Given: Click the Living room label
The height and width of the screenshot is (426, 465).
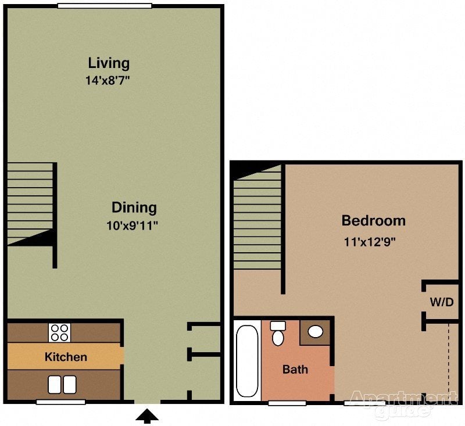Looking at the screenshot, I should [109, 62].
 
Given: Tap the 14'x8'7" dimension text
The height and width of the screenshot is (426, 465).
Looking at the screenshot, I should [107, 81].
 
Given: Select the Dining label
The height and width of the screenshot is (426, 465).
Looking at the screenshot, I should [134, 207].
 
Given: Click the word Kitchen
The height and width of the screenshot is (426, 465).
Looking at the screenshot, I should [66, 357].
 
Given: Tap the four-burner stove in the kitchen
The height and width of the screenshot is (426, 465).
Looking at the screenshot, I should [59, 332].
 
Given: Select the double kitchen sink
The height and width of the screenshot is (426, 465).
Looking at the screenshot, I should [62, 384].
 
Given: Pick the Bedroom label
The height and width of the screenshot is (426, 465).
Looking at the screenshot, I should [373, 221].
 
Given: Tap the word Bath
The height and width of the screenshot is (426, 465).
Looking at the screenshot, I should [295, 369].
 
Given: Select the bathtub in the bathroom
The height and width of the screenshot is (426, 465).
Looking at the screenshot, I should [247, 360].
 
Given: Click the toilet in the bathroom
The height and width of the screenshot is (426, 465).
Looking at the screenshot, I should [278, 334].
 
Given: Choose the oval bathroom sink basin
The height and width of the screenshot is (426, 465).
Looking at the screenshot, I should [315, 332].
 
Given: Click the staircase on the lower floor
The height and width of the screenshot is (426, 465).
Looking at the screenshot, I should [30, 203].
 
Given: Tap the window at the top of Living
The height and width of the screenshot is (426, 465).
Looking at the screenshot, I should [105, 6].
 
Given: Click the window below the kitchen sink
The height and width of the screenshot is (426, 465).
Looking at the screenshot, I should [60, 402].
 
